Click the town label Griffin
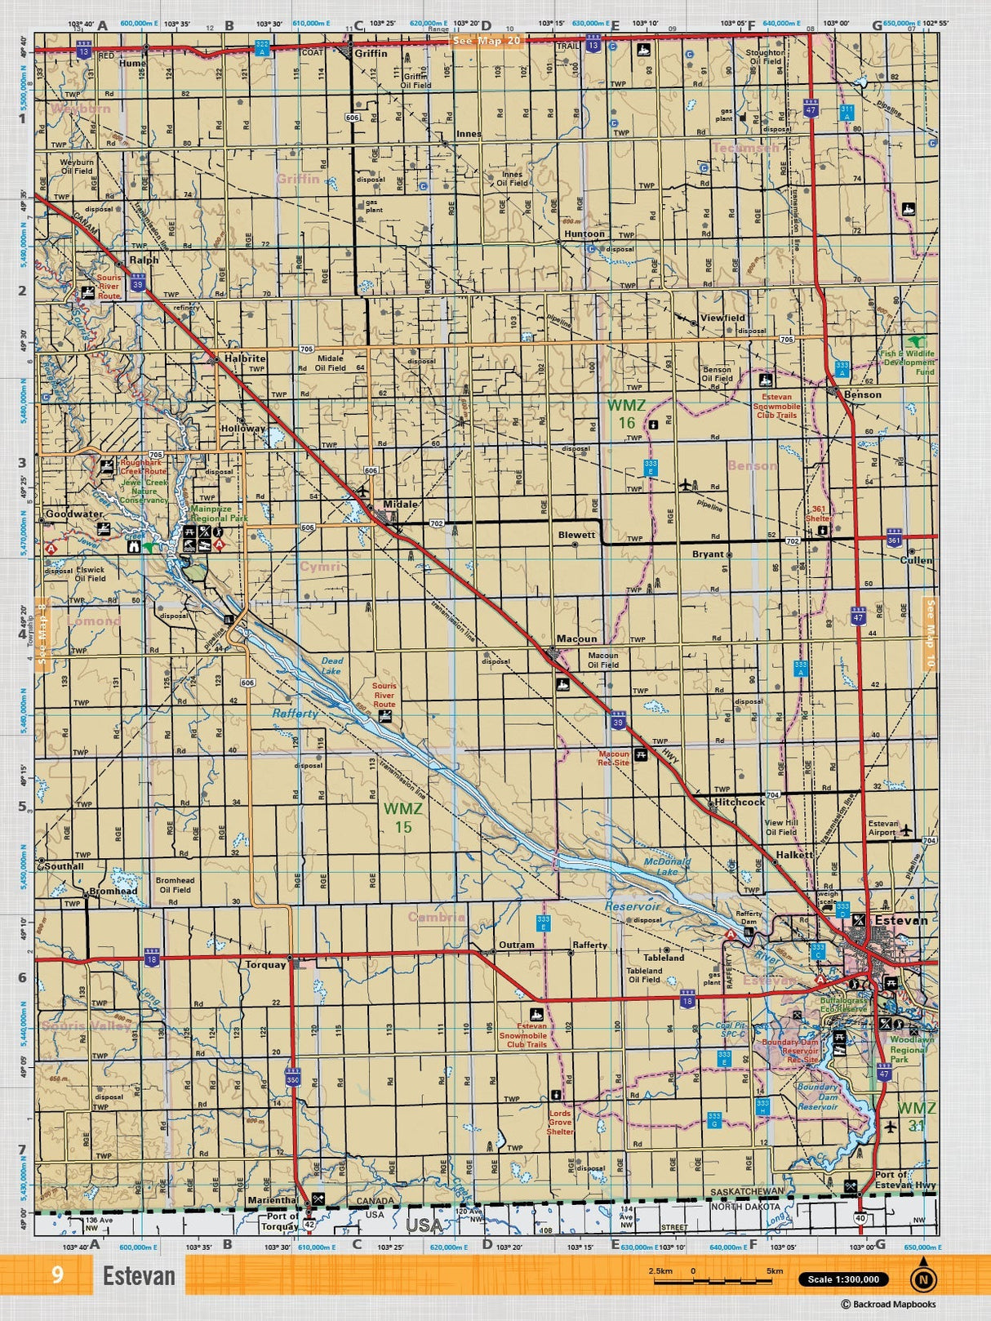click(371, 53)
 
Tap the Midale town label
click(400, 504)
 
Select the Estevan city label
click(900, 920)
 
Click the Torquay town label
click(265, 964)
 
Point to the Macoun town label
click(576, 638)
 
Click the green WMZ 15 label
click(403, 817)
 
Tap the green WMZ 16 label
click(626, 413)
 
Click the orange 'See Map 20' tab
click(487, 40)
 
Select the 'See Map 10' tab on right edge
click(929, 634)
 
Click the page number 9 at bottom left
click(56, 1274)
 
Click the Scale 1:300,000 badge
click(843, 1279)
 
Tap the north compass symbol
click(923, 1279)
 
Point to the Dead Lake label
click(331, 665)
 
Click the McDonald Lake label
click(667, 866)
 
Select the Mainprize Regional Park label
click(219, 513)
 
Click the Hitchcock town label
click(739, 802)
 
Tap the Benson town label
click(862, 394)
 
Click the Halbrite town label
click(245, 358)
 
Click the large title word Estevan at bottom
click(139, 1275)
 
